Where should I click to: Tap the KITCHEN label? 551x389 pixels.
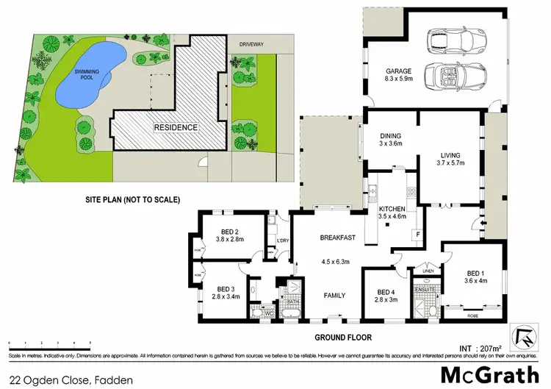pyautogui.click(x=390, y=209)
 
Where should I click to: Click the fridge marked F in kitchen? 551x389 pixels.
pyautogui.click(x=417, y=235)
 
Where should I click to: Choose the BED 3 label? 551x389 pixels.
pyautogui.click(x=227, y=289)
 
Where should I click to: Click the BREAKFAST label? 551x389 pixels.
pyautogui.click(x=337, y=238)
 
